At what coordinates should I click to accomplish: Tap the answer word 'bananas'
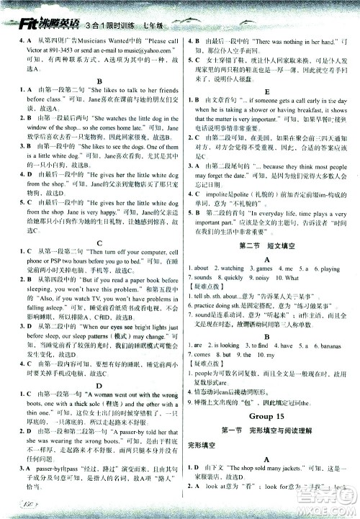pos(333,346)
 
